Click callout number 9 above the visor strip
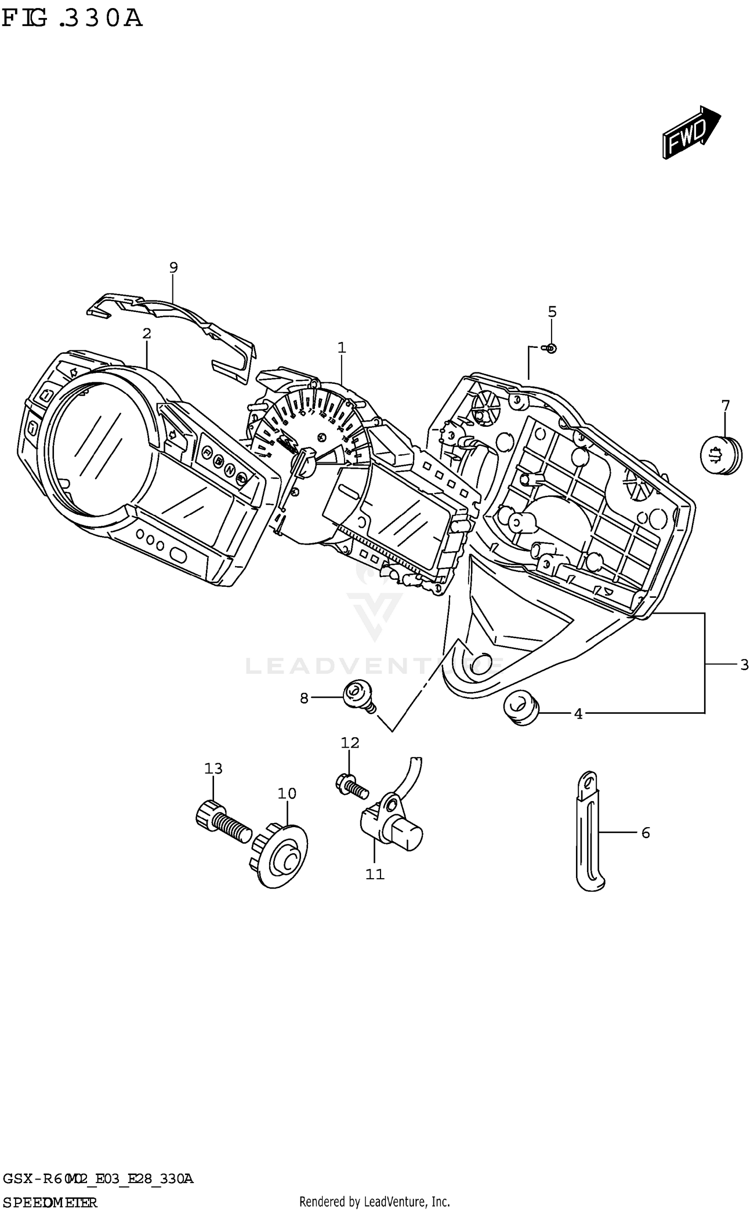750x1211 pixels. click(x=173, y=267)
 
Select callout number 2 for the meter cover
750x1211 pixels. click(x=146, y=333)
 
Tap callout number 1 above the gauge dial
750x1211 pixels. click(x=341, y=347)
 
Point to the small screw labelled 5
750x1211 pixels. click(x=551, y=348)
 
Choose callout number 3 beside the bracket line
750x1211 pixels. click(x=744, y=665)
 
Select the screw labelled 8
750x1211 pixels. click(x=356, y=695)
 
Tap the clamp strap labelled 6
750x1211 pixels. click(x=590, y=832)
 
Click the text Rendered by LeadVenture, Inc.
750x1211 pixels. click(x=374, y=1201)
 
